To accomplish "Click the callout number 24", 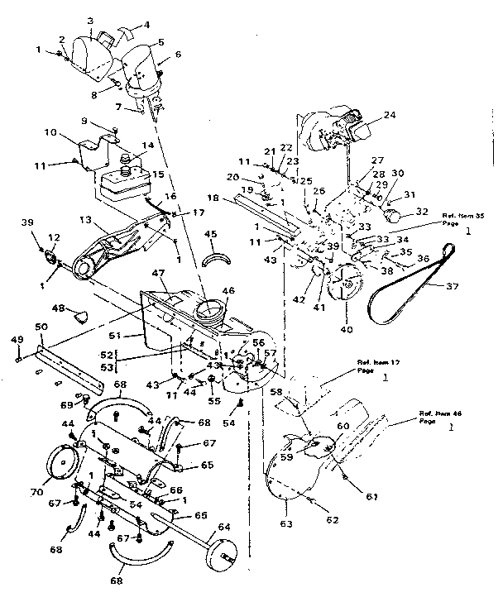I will tap(367, 117).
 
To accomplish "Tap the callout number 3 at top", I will tap(90, 20).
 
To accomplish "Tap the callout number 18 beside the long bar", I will tap(213, 198).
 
